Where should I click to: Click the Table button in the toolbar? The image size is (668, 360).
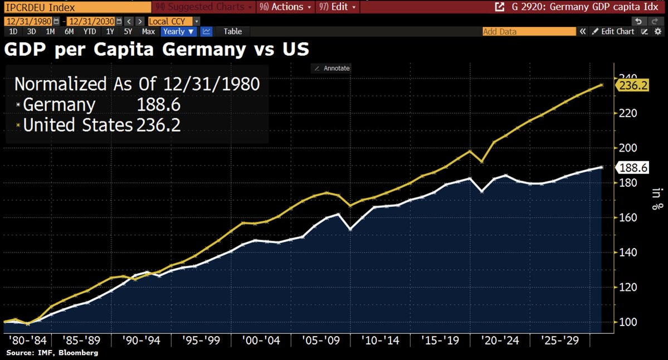(233, 32)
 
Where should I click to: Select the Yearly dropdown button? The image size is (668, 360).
(178, 32)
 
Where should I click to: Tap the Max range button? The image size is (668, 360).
(148, 32)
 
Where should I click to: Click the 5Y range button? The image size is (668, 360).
(128, 32)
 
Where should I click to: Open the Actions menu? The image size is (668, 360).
(285, 7)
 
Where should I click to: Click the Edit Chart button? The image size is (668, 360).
(613, 32)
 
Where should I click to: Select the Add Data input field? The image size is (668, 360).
(529, 32)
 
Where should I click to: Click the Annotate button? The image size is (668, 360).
(332, 68)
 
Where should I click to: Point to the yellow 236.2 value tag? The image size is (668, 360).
(633, 86)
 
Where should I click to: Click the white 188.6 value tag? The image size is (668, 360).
(633, 168)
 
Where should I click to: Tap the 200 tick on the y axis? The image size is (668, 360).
(628, 148)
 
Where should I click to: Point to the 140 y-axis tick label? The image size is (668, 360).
(628, 252)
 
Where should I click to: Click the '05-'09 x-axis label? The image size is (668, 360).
(321, 340)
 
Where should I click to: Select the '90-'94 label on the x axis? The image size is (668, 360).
(141, 340)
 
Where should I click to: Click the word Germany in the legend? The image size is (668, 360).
(59, 105)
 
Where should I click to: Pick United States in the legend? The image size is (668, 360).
(78, 125)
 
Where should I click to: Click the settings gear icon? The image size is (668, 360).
(658, 32)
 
